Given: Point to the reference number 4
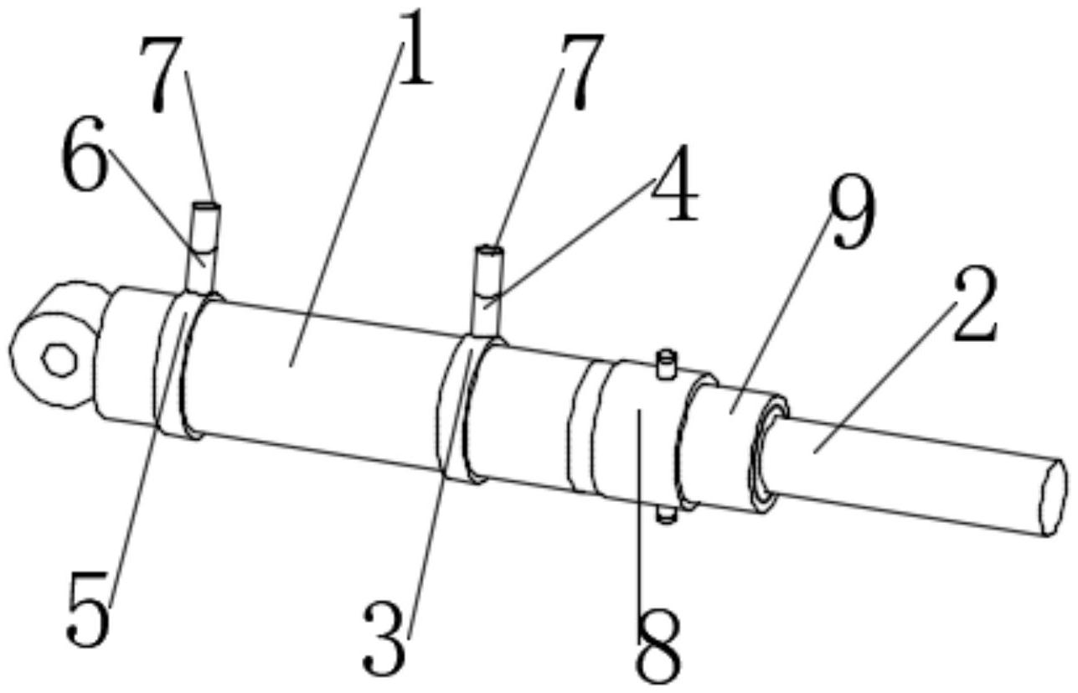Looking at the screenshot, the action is tap(673, 184).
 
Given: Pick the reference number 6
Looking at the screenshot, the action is tap(83, 153).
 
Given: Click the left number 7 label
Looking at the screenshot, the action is tap(162, 75).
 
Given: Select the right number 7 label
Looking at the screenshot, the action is tap(581, 71).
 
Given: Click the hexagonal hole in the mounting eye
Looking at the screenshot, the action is tap(60, 360).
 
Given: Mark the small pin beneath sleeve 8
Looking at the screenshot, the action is tap(666, 515).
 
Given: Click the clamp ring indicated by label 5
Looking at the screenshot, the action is tap(179, 365).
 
